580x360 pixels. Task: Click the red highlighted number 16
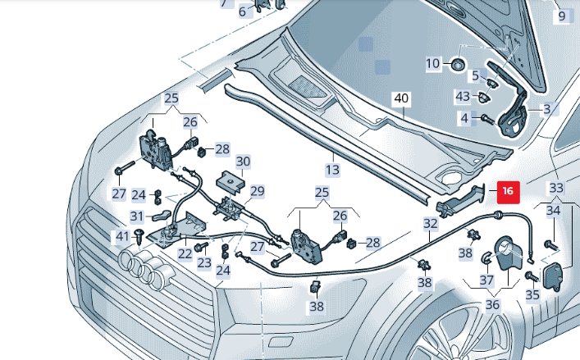click(x=507, y=191)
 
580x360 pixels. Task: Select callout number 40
click(x=400, y=98)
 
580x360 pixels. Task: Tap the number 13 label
click(x=331, y=170)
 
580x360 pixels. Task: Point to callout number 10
click(x=433, y=63)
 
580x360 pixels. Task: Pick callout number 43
click(x=463, y=97)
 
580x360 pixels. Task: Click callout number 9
click(x=562, y=16)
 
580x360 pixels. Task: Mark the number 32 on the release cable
click(x=431, y=222)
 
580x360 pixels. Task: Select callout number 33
click(x=556, y=188)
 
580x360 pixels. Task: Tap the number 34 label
click(x=555, y=212)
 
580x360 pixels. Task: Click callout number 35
click(x=532, y=295)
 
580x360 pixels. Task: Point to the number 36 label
click(x=492, y=303)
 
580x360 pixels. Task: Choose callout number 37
click(x=487, y=280)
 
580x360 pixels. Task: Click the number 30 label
click(x=243, y=161)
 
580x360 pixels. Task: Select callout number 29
click(x=257, y=192)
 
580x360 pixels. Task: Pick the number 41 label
click(x=122, y=236)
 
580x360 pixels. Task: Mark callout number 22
click(x=186, y=253)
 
